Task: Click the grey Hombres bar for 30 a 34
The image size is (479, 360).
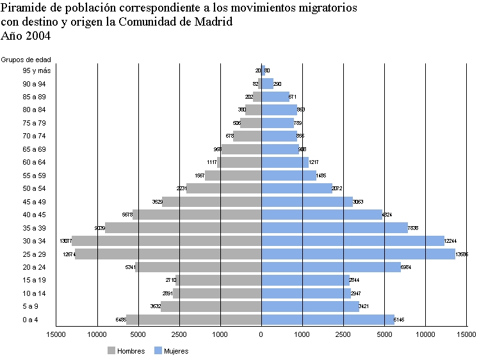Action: click(166, 241)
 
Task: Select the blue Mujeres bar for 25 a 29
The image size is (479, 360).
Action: click(358, 254)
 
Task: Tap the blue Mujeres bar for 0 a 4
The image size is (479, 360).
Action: click(327, 319)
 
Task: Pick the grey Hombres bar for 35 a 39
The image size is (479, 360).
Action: click(183, 227)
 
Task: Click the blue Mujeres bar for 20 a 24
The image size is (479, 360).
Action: click(330, 267)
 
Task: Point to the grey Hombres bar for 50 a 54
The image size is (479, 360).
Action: click(223, 188)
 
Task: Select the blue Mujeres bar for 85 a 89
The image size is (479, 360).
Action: click(275, 97)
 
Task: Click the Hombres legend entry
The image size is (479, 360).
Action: click(126, 350)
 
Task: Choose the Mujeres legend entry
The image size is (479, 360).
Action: click(171, 350)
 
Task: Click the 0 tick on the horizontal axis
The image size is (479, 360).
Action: click(261, 334)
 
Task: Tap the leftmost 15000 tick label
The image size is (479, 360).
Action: click(56, 334)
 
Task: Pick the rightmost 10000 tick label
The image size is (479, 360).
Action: click(425, 334)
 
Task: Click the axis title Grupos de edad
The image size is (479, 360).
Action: click(26, 60)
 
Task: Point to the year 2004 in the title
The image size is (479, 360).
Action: click(37, 36)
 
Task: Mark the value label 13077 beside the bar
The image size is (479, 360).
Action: click(65, 241)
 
